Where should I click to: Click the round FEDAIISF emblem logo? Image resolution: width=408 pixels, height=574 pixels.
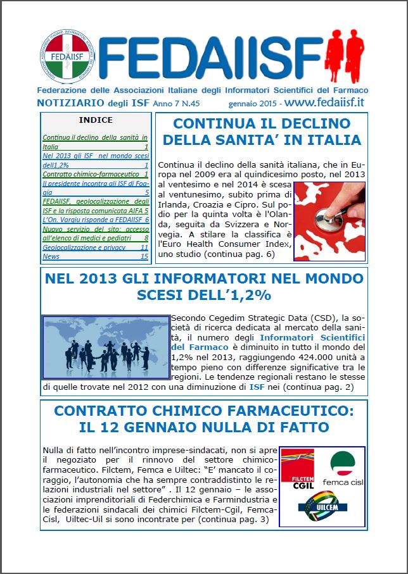[67, 56]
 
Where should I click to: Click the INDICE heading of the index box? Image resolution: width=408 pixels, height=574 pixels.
[96, 120]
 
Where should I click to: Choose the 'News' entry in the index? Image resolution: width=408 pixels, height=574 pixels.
[51, 256]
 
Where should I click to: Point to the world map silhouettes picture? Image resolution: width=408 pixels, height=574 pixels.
[106, 344]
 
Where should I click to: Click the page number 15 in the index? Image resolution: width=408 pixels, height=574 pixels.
[144, 256]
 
